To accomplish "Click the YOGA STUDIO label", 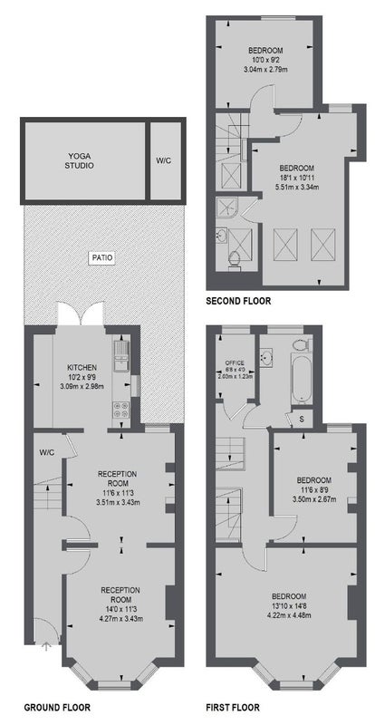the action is click(82, 161).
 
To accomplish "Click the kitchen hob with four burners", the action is click(121, 410).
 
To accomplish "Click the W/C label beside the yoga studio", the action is click(163, 161).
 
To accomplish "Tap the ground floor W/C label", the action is click(47, 452).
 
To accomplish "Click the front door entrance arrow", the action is click(46, 645).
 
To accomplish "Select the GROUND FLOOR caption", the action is click(57, 707).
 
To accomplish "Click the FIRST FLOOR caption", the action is click(233, 707).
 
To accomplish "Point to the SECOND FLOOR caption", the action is click(238, 302).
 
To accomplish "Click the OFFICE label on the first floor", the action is click(235, 362).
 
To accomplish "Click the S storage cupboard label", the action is click(302, 419).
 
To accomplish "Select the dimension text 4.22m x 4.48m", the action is click(289, 615).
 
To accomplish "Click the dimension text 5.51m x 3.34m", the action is click(298, 187).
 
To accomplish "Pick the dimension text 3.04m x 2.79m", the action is click(266, 70).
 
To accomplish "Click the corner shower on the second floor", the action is click(227, 207).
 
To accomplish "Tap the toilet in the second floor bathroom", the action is click(234, 259).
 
